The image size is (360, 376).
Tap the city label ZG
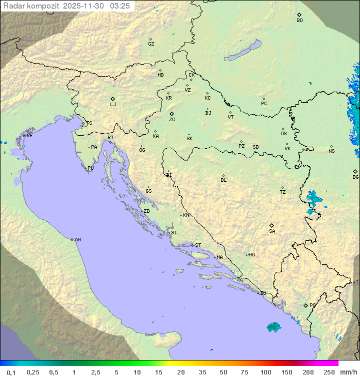click(172, 120)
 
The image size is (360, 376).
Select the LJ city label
click(113, 104)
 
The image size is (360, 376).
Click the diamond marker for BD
click(299, 15)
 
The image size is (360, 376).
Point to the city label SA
click(272, 231)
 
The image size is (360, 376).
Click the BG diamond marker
click(355, 171)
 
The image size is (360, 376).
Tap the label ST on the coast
click(198, 245)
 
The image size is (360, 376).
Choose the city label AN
click(77, 240)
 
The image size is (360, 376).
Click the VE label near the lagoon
click(29, 136)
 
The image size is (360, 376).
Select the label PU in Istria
click(90, 168)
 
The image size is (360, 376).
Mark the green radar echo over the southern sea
click(273, 327)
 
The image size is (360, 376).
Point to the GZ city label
click(151, 44)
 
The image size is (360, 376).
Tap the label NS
click(331, 151)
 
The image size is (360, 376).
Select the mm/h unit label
click(348, 372)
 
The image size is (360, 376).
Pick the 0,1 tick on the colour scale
click(10, 372)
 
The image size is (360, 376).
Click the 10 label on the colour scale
click(136, 372)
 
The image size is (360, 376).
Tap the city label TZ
click(283, 192)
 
